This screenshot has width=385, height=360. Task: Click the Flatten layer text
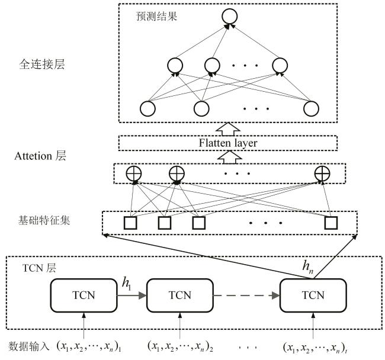(228, 143)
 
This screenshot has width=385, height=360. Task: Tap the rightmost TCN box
(312, 295)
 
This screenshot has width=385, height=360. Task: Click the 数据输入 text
(28, 345)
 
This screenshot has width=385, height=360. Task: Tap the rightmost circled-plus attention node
(322, 173)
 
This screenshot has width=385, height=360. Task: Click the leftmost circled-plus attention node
(134, 173)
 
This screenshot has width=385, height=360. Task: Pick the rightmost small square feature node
(330, 223)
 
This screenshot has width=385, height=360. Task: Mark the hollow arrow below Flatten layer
(228, 156)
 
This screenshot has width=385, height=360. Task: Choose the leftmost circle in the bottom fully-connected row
(147, 108)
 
